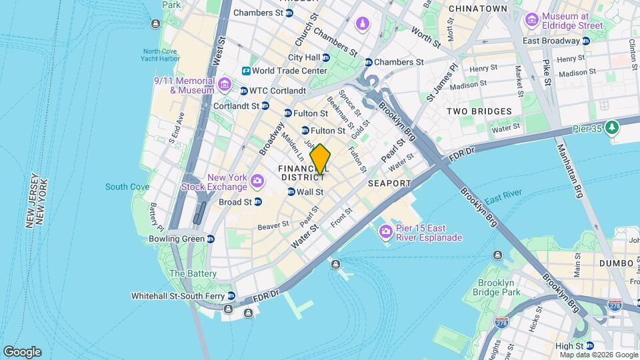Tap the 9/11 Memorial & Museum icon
(224, 84)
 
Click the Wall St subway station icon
(291, 192)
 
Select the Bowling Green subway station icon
(211, 239)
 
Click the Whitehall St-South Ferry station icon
(231, 295)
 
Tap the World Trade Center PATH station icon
(246, 71)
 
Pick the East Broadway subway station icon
(585, 41)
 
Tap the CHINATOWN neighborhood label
(479, 8)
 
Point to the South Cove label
(127, 187)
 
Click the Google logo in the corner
(22, 352)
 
